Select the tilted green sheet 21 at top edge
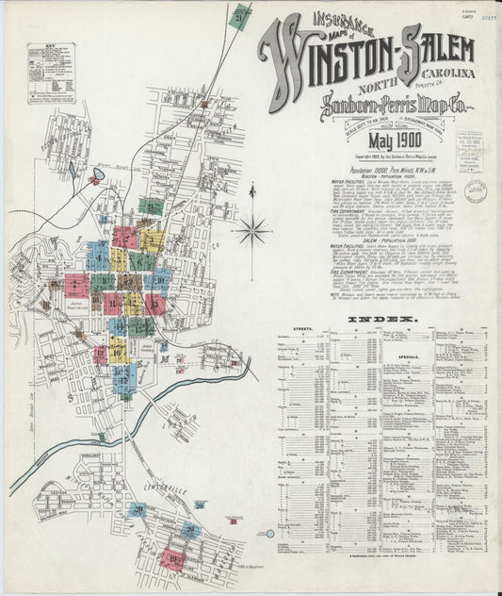point(241,17)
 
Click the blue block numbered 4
point(98,255)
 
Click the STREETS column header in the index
point(303,330)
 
